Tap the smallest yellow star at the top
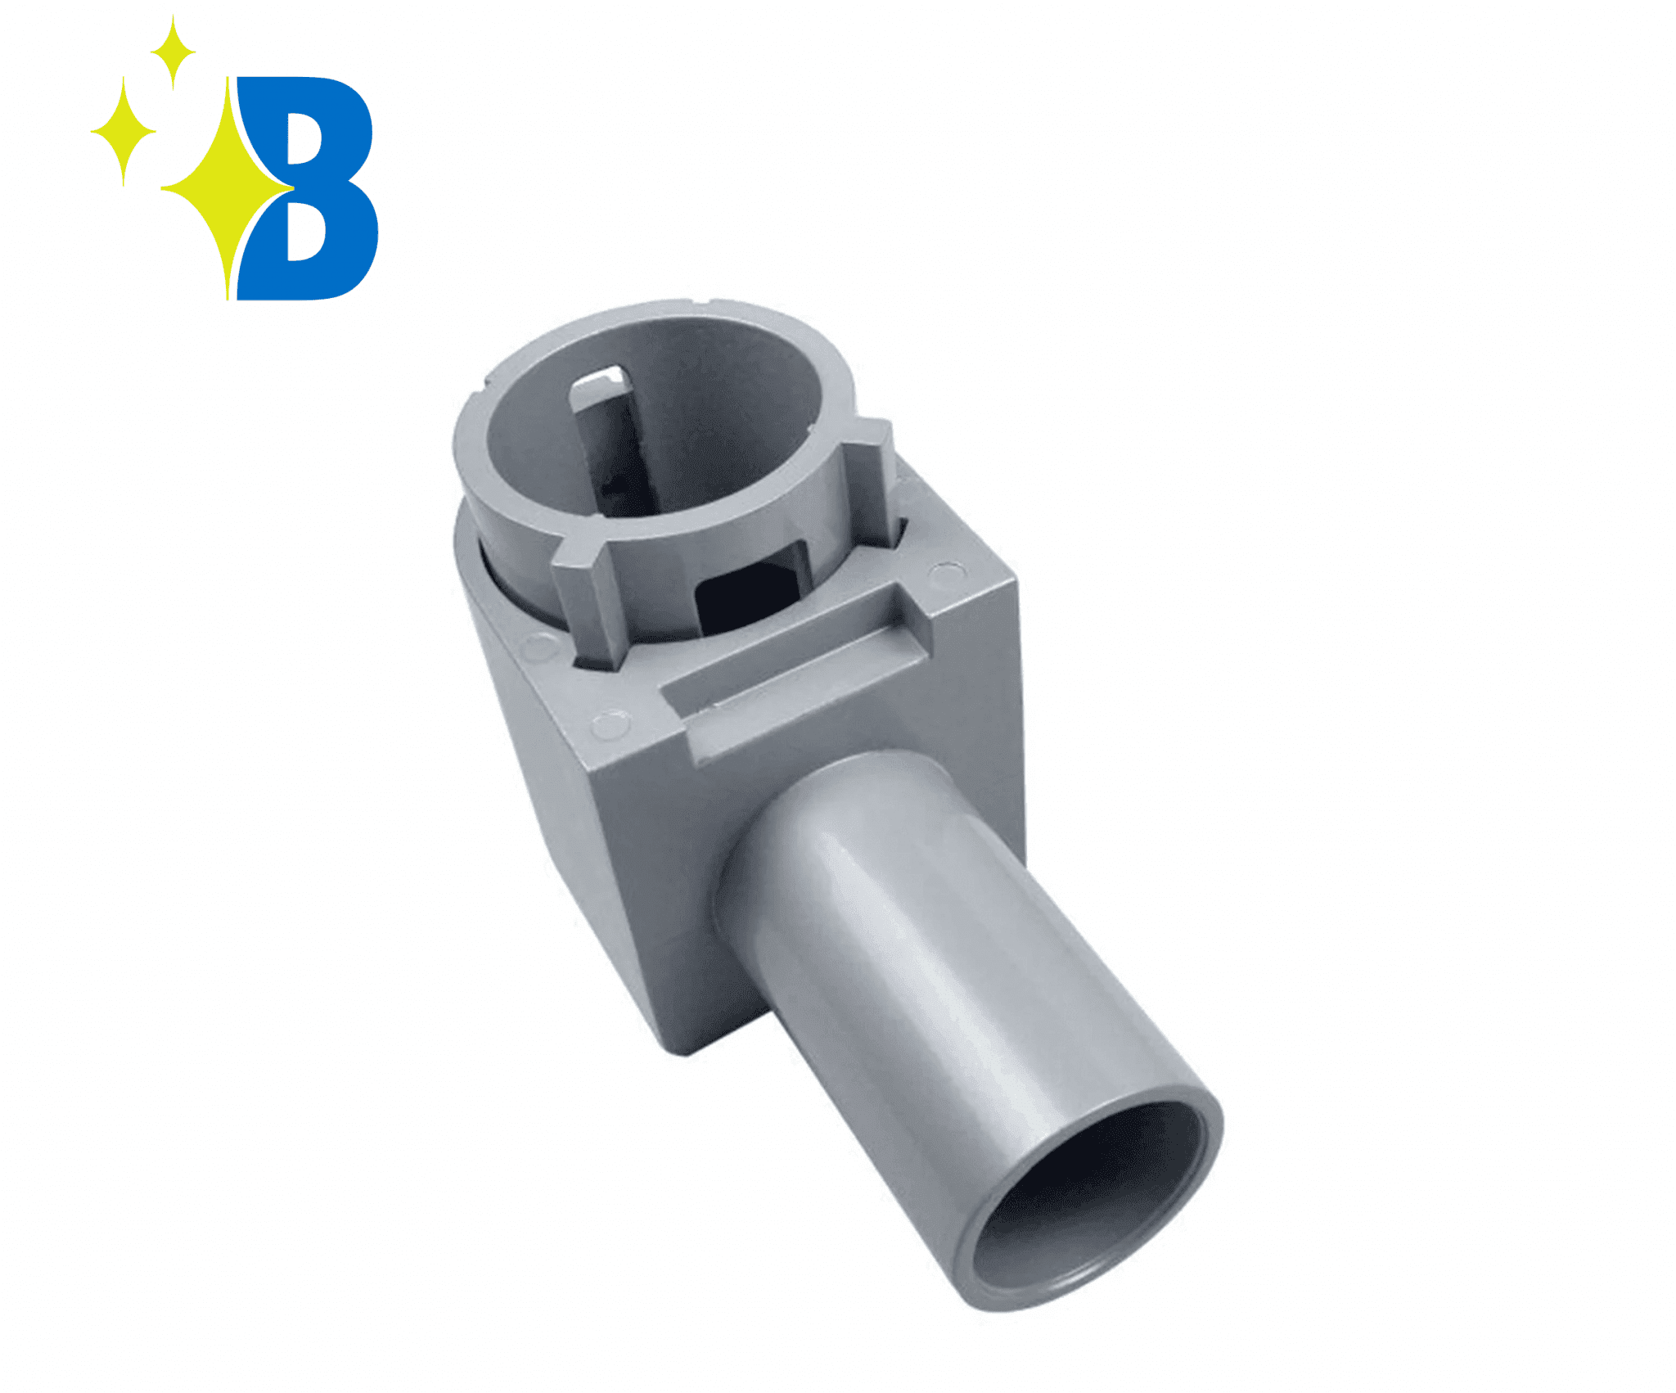point(172,52)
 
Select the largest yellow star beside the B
point(225,188)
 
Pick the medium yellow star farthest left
point(123,131)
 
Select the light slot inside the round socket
point(601,385)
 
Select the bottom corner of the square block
point(683,1052)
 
